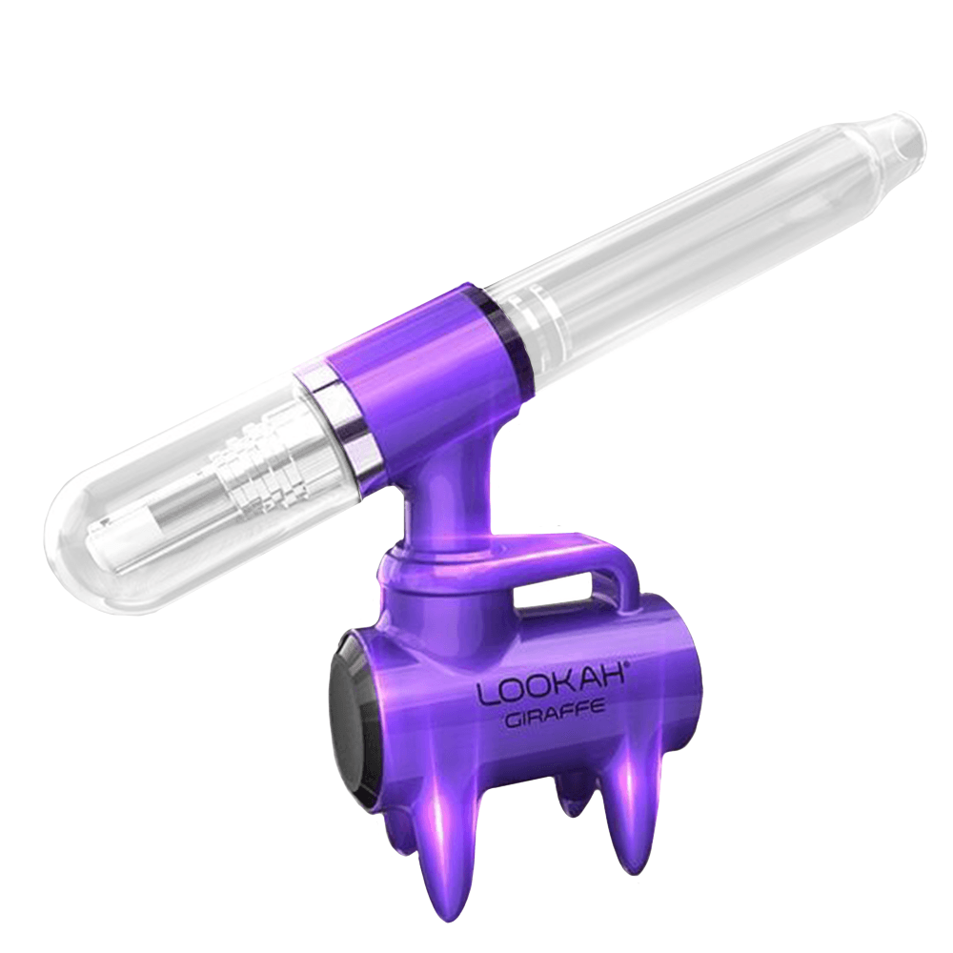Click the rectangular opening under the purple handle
[x=562, y=596]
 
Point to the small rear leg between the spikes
[x=573, y=801]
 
